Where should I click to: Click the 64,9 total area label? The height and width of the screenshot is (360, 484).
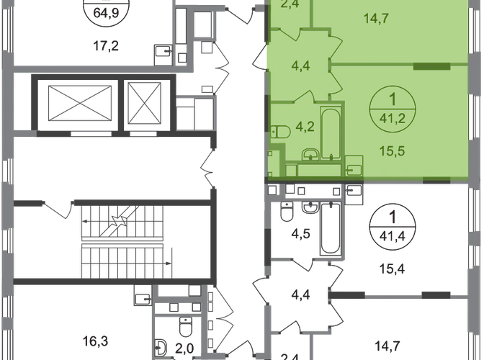click(106, 14)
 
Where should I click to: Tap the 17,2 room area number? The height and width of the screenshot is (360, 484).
click(106, 46)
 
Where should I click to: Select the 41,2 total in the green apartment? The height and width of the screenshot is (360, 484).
click(393, 118)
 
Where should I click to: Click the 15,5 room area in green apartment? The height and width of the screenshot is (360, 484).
click(393, 151)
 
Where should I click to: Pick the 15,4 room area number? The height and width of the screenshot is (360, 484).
click(392, 269)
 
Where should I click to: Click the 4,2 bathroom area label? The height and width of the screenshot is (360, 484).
click(305, 127)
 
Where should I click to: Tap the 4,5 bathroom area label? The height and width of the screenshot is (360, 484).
click(300, 233)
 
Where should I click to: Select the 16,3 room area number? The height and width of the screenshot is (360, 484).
click(95, 341)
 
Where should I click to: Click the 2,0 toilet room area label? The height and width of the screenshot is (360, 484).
click(184, 349)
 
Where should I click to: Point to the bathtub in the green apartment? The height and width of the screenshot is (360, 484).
click(331, 133)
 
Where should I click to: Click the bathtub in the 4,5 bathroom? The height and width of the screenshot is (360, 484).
click(331, 228)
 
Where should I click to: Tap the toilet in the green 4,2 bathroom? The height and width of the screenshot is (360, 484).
click(281, 132)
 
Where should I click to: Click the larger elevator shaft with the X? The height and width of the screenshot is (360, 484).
click(80, 104)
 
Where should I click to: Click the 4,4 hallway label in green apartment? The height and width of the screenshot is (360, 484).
click(300, 66)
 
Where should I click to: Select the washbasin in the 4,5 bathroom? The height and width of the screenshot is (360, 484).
click(311, 207)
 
